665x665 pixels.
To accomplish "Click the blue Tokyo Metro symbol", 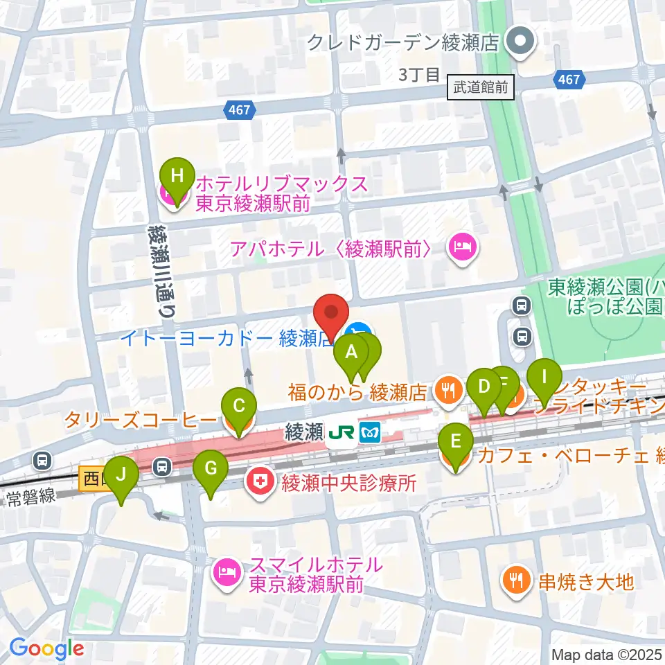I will (372, 433).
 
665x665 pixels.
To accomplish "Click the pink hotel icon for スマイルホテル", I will (227, 571).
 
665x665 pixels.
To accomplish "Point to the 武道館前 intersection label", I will (481, 88).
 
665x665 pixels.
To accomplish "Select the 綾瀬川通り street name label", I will (161, 271).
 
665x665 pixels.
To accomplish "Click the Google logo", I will (46, 648).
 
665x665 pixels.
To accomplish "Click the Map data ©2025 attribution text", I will (607, 654).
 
